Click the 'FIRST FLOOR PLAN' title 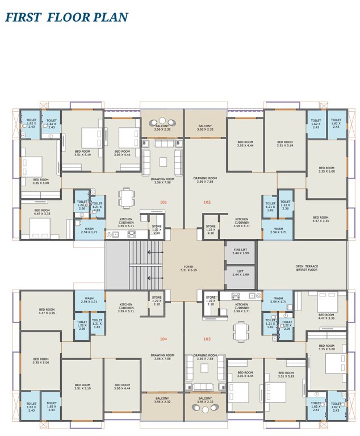point(66,17)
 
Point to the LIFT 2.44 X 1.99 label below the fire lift point(240,273)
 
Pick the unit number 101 point(164,202)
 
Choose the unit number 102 point(207,202)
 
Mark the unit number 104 point(164,338)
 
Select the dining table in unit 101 point(127,198)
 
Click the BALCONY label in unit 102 point(206,128)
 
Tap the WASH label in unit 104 point(89,300)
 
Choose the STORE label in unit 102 point(211,230)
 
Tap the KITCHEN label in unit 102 point(242,221)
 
